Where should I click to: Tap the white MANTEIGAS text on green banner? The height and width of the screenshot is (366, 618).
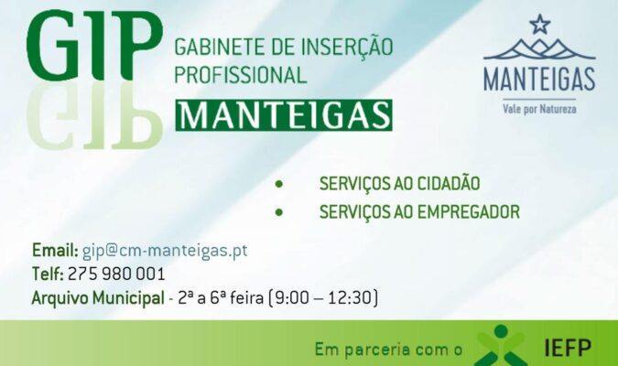[x=284, y=115]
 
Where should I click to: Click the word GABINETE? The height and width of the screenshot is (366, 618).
[x=220, y=47]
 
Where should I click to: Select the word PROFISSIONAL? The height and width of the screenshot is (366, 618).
[x=241, y=74]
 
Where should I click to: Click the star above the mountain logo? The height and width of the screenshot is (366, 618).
[x=539, y=24]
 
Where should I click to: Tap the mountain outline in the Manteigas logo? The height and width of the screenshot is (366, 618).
[x=539, y=48]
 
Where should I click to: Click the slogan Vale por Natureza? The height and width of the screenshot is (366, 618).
[x=539, y=108]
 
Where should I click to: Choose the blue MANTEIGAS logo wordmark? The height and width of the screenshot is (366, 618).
[x=539, y=80]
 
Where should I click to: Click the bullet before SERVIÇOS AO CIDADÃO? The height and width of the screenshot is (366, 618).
[x=279, y=184]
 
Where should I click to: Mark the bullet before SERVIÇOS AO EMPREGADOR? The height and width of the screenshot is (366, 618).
[x=279, y=212]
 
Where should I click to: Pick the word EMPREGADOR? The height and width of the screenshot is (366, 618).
[x=468, y=212]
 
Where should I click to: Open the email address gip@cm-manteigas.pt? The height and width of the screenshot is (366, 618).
[x=165, y=251]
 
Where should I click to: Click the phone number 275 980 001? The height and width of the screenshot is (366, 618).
[x=116, y=274]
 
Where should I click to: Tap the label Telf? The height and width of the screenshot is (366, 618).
[x=48, y=274]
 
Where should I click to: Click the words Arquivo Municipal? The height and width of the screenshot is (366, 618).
[x=98, y=298]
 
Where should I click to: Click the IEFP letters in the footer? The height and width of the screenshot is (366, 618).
[x=568, y=348]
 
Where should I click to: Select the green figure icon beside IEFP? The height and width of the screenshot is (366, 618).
[x=501, y=346]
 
